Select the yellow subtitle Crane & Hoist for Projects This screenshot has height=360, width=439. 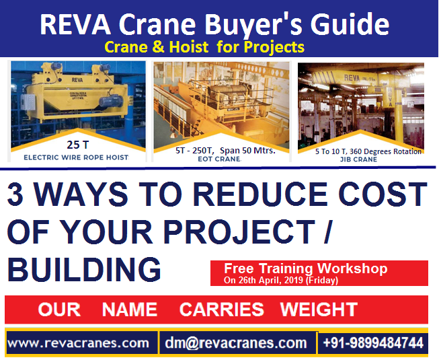pos(204,47)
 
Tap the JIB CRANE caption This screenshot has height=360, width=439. pos(360,159)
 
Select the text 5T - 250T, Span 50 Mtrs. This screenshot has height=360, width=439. pos(221,150)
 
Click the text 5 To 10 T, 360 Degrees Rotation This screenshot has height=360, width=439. pos(368,151)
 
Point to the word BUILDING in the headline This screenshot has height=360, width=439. pos(84,269)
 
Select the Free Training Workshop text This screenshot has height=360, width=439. pos(306,268)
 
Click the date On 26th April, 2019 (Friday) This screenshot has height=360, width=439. pos(281,280)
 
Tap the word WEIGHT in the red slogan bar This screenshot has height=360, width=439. pos(319,310)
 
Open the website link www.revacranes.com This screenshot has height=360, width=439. pos(78,343)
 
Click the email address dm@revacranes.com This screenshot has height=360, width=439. pos(235,343)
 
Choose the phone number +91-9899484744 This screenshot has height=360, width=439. pos(373,343)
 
